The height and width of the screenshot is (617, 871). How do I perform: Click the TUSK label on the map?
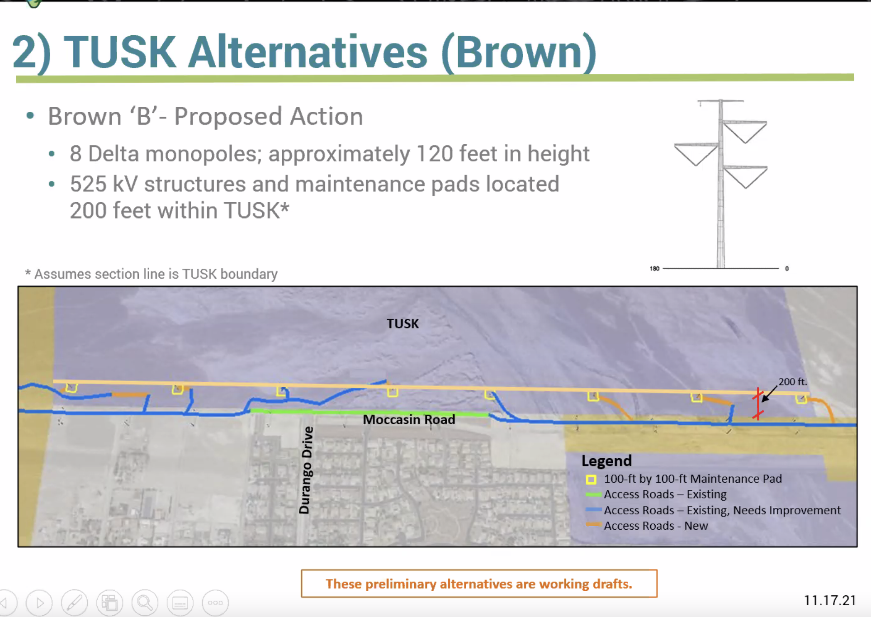402,323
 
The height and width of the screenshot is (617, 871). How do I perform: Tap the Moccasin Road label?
409,419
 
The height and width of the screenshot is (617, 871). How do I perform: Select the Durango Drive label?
306,470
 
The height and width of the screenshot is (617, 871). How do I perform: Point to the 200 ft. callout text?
792,382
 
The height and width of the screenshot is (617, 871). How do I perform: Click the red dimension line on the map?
758,403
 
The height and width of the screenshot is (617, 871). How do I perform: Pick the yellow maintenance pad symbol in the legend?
591,479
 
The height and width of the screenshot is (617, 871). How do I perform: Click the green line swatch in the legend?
593,494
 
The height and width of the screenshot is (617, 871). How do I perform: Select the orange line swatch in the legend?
593,525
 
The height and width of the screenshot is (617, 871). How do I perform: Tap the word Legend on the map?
606,460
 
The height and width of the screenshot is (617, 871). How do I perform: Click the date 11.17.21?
830,600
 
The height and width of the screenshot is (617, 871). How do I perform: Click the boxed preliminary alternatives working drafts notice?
479,584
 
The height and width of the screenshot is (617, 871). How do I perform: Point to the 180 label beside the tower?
654,268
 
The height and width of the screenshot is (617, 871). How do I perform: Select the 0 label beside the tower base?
787,268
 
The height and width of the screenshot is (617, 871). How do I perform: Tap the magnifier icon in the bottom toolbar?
145,603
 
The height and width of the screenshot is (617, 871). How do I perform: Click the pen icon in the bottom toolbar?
74,603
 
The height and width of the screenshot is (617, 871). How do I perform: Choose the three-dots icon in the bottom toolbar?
215,603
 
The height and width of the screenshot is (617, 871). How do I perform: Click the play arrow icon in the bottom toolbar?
39,603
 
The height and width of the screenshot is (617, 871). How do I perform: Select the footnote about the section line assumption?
151,274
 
